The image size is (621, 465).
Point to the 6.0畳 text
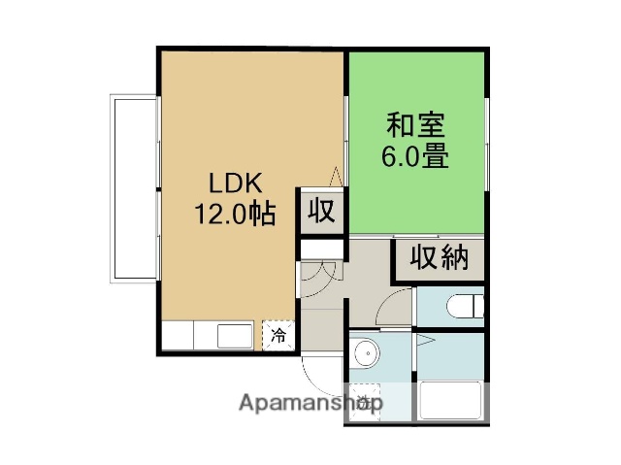point(417,156)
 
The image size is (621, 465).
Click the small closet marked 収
point(322,210)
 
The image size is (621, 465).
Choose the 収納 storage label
point(439,258)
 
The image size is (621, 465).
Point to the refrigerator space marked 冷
point(278,337)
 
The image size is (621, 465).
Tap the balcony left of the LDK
point(133,186)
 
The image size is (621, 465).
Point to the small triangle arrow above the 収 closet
point(336,175)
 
